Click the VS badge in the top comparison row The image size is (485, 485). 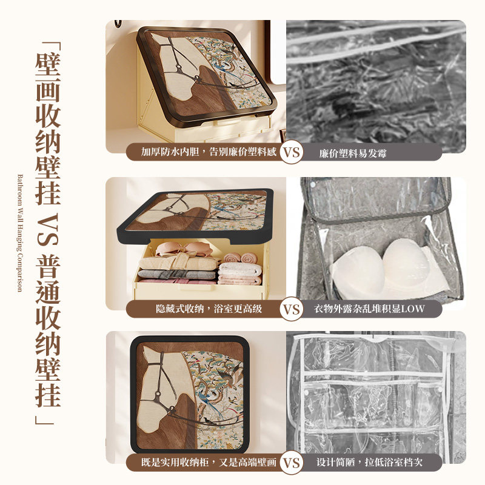(292, 152)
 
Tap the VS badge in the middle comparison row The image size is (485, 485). (292, 309)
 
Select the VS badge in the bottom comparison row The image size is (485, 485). (292, 463)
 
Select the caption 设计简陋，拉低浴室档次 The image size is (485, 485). (369, 463)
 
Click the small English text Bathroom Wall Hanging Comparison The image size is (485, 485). (19, 233)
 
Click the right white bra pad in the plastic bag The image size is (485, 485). (405, 261)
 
